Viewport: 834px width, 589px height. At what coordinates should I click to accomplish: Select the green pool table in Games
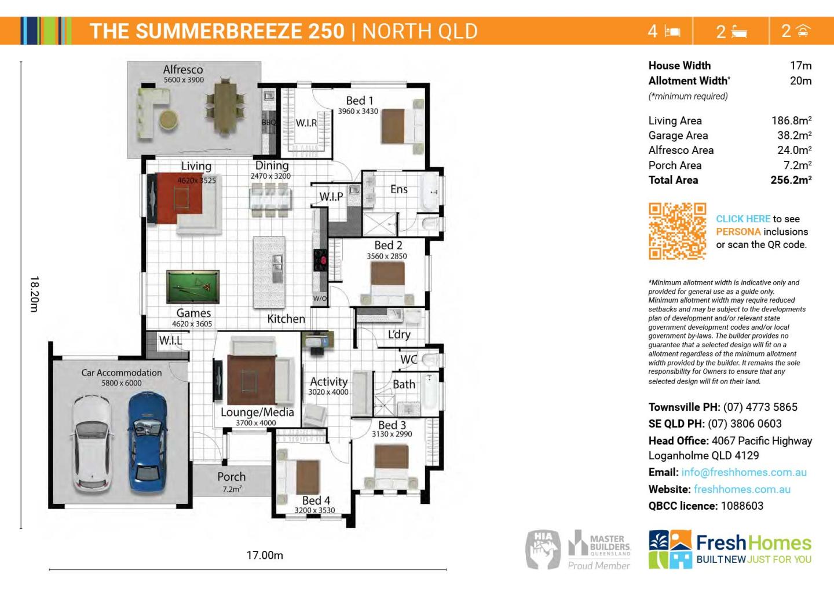coord(192,286)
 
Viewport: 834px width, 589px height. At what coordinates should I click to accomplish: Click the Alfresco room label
coord(183,69)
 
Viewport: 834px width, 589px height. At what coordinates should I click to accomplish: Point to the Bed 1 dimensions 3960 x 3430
coord(358,111)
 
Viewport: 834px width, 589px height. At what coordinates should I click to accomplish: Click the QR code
coord(677,231)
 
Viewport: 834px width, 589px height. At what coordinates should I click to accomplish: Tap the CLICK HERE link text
coord(743,219)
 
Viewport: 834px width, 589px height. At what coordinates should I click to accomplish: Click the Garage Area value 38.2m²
coord(794,135)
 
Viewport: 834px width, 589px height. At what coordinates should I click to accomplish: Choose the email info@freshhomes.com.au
coord(744,472)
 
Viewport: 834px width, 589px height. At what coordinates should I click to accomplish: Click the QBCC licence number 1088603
coord(742,506)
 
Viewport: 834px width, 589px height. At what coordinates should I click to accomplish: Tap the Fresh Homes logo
coord(730,548)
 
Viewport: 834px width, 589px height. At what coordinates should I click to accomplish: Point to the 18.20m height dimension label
coord(34,294)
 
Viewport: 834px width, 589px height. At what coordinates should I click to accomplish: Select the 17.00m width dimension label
coord(265,555)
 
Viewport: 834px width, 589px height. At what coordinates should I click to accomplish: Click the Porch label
coord(231,477)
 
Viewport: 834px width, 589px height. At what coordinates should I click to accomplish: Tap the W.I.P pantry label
coord(331,197)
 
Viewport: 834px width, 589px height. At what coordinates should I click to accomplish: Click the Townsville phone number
coord(760,407)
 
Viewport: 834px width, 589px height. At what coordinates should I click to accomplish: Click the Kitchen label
coord(286,319)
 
